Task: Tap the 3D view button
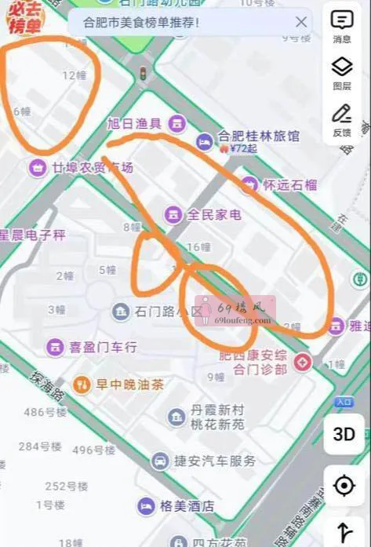pos(344,434)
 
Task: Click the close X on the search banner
pos(301,22)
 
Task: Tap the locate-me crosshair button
pos(344,487)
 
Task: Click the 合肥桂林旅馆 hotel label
pos(258,136)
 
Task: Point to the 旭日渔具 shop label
pos(134,122)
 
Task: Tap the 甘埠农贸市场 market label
pos(93,167)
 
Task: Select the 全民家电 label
pos(213,213)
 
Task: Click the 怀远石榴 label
pos(289,185)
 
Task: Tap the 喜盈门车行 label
pos(103,346)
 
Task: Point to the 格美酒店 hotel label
pos(187,506)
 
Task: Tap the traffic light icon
pos(143,74)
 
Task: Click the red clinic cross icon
pos(303,363)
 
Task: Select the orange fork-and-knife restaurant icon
pos(82,384)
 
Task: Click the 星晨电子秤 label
pos(33,235)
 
